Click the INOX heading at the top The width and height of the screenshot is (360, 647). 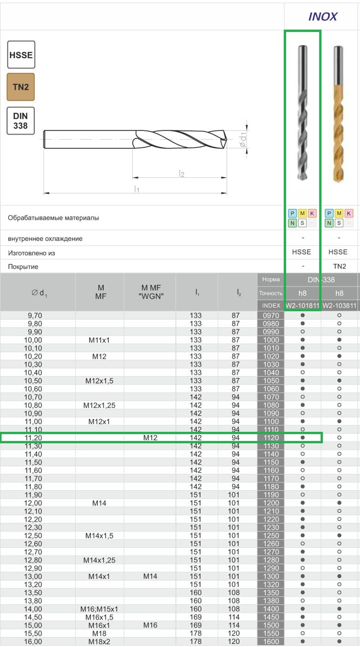click(x=323, y=17)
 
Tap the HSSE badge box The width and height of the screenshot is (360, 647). click(x=21, y=55)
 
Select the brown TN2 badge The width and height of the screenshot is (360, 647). click(x=21, y=87)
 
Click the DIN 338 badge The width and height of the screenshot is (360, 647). click(x=21, y=121)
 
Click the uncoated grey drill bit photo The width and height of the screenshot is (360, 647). click(x=302, y=113)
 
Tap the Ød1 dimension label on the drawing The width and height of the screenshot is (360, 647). click(x=243, y=139)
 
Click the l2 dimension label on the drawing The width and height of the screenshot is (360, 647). click(x=181, y=174)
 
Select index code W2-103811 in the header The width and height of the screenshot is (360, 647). click(x=339, y=306)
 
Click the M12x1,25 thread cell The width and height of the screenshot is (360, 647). click(x=99, y=405)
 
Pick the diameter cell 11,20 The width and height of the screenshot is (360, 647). click(x=33, y=438)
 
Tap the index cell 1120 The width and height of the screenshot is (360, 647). click(x=271, y=438)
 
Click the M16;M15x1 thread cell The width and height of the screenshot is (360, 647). click(x=99, y=609)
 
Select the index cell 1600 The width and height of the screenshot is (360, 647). click(x=271, y=641)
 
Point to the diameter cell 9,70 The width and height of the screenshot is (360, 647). click(x=35, y=315)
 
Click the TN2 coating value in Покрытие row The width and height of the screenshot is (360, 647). click(x=339, y=266)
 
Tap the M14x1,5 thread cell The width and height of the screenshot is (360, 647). click(x=99, y=535)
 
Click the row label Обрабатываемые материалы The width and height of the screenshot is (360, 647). click(x=53, y=218)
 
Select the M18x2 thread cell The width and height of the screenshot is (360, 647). click(x=99, y=641)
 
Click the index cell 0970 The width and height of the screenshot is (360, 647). click(x=271, y=315)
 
